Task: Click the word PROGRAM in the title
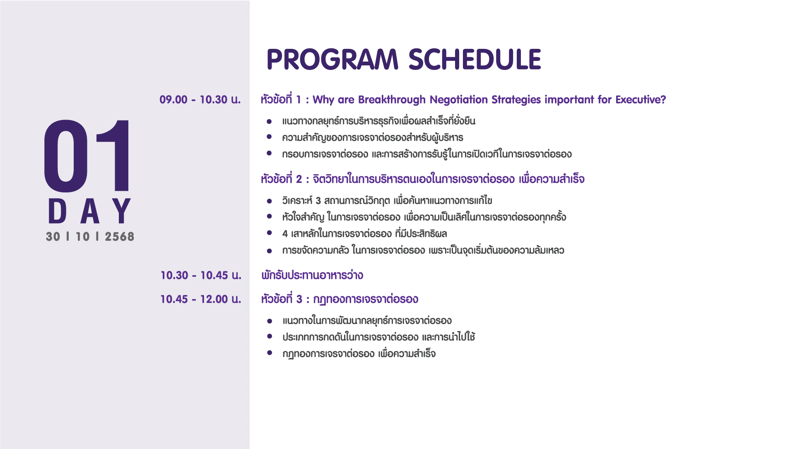pos(332,59)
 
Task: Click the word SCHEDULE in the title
pos(475,59)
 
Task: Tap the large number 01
pos(87,156)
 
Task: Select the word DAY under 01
pos(90,211)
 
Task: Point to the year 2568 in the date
pos(120,237)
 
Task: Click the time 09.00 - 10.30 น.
pos(200,100)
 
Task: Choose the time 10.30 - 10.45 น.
pos(201,275)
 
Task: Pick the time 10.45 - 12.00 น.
pos(201,299)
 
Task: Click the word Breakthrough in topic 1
pos(392,100)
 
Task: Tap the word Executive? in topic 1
pos(641,100)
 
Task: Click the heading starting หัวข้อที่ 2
pos(423,179)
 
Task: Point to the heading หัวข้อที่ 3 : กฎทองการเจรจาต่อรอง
pos(340,299)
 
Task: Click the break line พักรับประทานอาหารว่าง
pos(312,275)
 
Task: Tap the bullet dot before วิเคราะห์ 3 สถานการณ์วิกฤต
pos(269,201)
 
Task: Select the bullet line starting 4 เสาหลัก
pos(364,234)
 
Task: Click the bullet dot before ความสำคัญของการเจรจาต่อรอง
pos(269,137)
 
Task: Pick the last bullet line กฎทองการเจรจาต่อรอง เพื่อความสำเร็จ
pos(359,354)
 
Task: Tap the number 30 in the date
pos(53,237)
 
